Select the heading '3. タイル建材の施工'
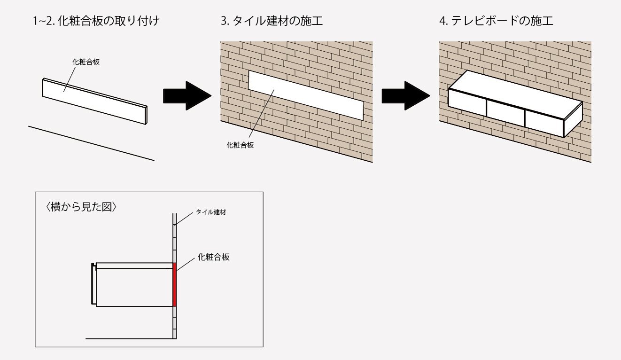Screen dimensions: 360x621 (x=272, y=22)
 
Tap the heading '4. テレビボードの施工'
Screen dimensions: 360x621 (x=490, y=22)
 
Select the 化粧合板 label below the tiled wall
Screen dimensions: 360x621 (x=240, y=145)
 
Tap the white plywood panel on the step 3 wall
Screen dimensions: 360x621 (x=305, y=94)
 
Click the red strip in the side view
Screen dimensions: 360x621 (x=174, y=285)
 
